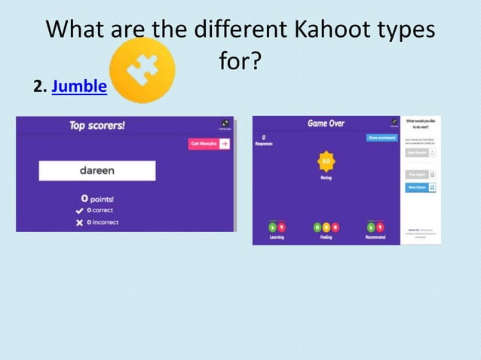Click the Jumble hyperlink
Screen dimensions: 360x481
click(x=79, y=87)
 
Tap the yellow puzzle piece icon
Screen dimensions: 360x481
click(x=142, y=71)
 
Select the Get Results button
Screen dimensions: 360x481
click(x=209, y=144)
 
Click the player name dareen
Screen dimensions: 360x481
click(x=97, y=170)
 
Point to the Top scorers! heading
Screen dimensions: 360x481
click(x=97, y=126)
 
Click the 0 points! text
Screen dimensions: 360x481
click(x=97, y=198)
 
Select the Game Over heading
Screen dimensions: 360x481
click(x=326, y=122)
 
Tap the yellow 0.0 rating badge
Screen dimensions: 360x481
click(x=326, y=160)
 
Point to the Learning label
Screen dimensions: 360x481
click(x=277, y=236)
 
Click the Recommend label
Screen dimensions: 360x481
click(x=375, y=236)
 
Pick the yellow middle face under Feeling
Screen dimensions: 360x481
click(x=326, y=227)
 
